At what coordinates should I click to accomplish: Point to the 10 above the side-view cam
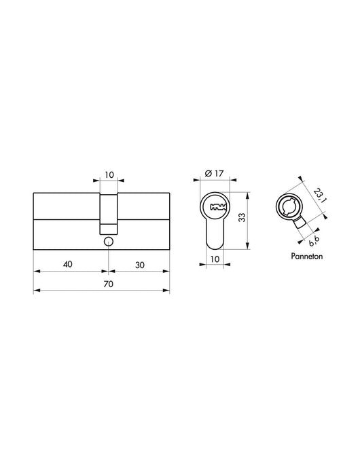[109, 175]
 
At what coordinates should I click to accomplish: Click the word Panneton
[295, 258]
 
